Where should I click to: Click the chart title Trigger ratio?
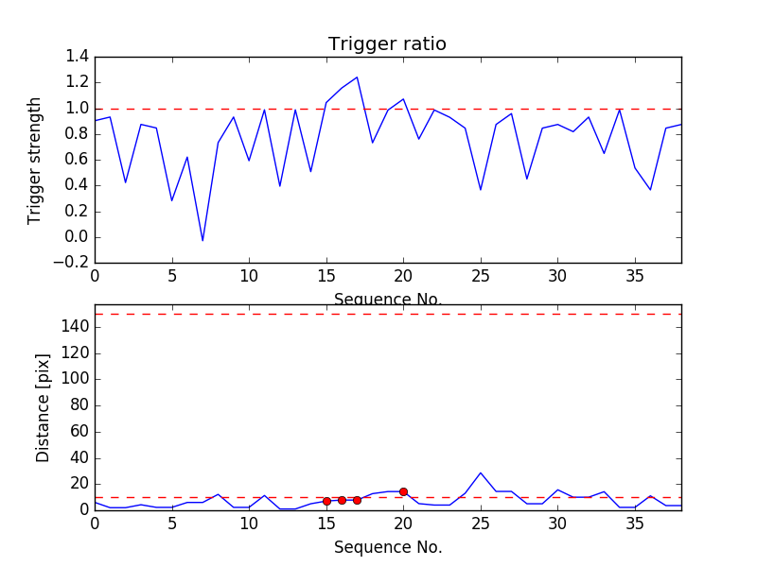point(387,44)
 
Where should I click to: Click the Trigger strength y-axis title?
point(35,161)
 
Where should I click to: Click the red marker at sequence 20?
point(403,491)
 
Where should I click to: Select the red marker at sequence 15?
point(326,501)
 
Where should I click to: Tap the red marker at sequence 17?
point(357,500)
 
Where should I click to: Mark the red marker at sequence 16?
point(342,500)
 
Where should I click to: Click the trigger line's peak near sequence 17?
point(357,77)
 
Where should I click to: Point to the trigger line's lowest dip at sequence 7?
point(202,241)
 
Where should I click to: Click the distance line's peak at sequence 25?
point(481,472)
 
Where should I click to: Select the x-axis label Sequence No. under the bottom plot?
point(387,547)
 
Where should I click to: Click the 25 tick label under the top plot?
point(481,276)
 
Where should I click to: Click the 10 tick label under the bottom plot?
point(249,524)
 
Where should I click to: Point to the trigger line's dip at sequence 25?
point(481,190)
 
